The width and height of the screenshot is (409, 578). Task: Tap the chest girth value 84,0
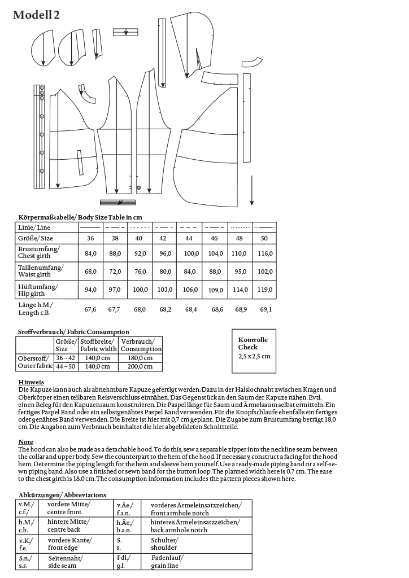pyautogui.click(x=90, y=253)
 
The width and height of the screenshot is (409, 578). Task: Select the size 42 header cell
pyautogui.click(x=163, y=239)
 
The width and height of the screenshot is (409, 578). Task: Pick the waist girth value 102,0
pyautogui.click(x=264, y=271)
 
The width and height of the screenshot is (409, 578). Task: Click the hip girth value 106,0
pyautogui.click(x=192, y=290)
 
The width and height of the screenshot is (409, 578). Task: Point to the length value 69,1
pyautogui.click(x=265, y=309)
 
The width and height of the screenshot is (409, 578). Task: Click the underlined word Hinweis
pyautogui.click(x=31, y=382)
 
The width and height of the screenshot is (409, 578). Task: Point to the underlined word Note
pyautogui.click(x=26, y=441)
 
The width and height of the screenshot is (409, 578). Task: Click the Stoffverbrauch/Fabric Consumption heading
pyautogui.click(x=73, y=332)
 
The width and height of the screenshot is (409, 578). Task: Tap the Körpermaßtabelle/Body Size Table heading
pyautogui.click(x=80, y=217)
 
